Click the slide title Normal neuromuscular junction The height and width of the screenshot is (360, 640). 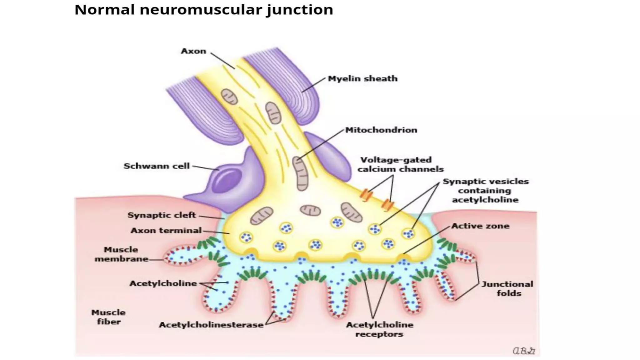pyautogui.click(x=204, y=10)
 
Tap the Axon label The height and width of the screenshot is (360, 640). pyautogui.click(x=193, y=51)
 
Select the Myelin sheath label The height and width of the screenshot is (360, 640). pyautogui.click(x=362, y=79)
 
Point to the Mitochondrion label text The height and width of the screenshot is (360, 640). pyautogui.click(x=381, y=130)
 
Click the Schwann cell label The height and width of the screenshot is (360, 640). pyautogui.click(x=157, y=166)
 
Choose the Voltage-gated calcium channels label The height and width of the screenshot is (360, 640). pyautogui.click(x=400, y=165)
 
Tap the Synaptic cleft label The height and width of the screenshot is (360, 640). pyautogui.click(x=162, y=215)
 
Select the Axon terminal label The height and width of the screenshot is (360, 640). pyautogui.click(x=166, y=231)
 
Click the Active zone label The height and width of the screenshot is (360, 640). pyautogui.click(x=480, y=226)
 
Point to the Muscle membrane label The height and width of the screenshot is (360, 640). pyautogui.click(x=121, y=254)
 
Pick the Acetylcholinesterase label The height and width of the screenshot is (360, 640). pyautogui.click(x=211, y=325)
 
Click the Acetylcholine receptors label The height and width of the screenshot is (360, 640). pyautogui.click(x=379, y=330)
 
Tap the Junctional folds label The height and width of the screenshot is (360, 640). pyautogui.click(x=507, y=289)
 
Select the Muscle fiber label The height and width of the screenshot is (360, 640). pyautogui.click(x=108, y=317)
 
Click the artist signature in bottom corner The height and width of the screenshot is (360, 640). pyautogui.click(x=524, y=351)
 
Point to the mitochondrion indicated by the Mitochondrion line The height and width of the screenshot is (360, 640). pyautogui.click(x=300, y=174)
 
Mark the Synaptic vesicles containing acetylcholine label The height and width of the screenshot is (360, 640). pyautogui.click(x=485, y=191)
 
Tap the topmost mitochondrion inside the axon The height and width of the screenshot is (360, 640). pyautogui.click(x=229, y=97)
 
